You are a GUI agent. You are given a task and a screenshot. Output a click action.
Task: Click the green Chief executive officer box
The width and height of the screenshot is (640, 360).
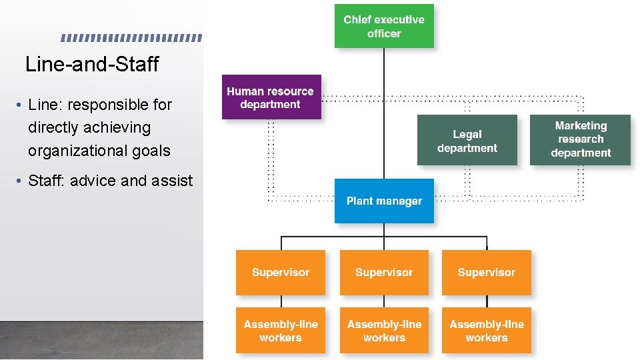click(384, 27)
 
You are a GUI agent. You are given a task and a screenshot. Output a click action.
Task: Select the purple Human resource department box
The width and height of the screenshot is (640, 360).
click(271, 97)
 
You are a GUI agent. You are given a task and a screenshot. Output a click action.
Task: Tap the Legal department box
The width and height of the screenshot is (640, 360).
click(467, 141)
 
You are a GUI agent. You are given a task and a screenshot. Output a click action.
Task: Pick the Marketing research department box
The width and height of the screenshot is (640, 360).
click(580, 139)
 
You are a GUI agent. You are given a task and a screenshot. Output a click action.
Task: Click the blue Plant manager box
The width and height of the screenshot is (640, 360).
click(384, 201)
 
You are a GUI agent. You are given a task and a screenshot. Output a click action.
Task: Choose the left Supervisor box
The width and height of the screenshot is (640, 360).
click(281, 272)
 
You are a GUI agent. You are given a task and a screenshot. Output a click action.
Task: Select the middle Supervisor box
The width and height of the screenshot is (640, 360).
click(384, 272)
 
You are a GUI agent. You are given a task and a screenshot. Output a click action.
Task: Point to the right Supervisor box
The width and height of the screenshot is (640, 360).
click(487, 272)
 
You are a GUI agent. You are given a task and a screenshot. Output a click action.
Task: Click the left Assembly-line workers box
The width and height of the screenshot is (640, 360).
click(281, 331)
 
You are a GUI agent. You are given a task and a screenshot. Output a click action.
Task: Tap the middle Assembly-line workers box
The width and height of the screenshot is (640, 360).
click(384, 331)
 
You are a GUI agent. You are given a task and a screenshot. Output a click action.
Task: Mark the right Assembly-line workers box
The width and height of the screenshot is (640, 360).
click(487, 331)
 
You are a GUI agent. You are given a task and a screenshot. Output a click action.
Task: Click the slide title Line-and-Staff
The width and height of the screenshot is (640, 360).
click(92, 65)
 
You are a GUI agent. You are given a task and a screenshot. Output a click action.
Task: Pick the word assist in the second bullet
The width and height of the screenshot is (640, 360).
click(173, 181)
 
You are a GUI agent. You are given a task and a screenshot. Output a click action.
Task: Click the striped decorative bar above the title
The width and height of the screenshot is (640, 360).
click(131, 38)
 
